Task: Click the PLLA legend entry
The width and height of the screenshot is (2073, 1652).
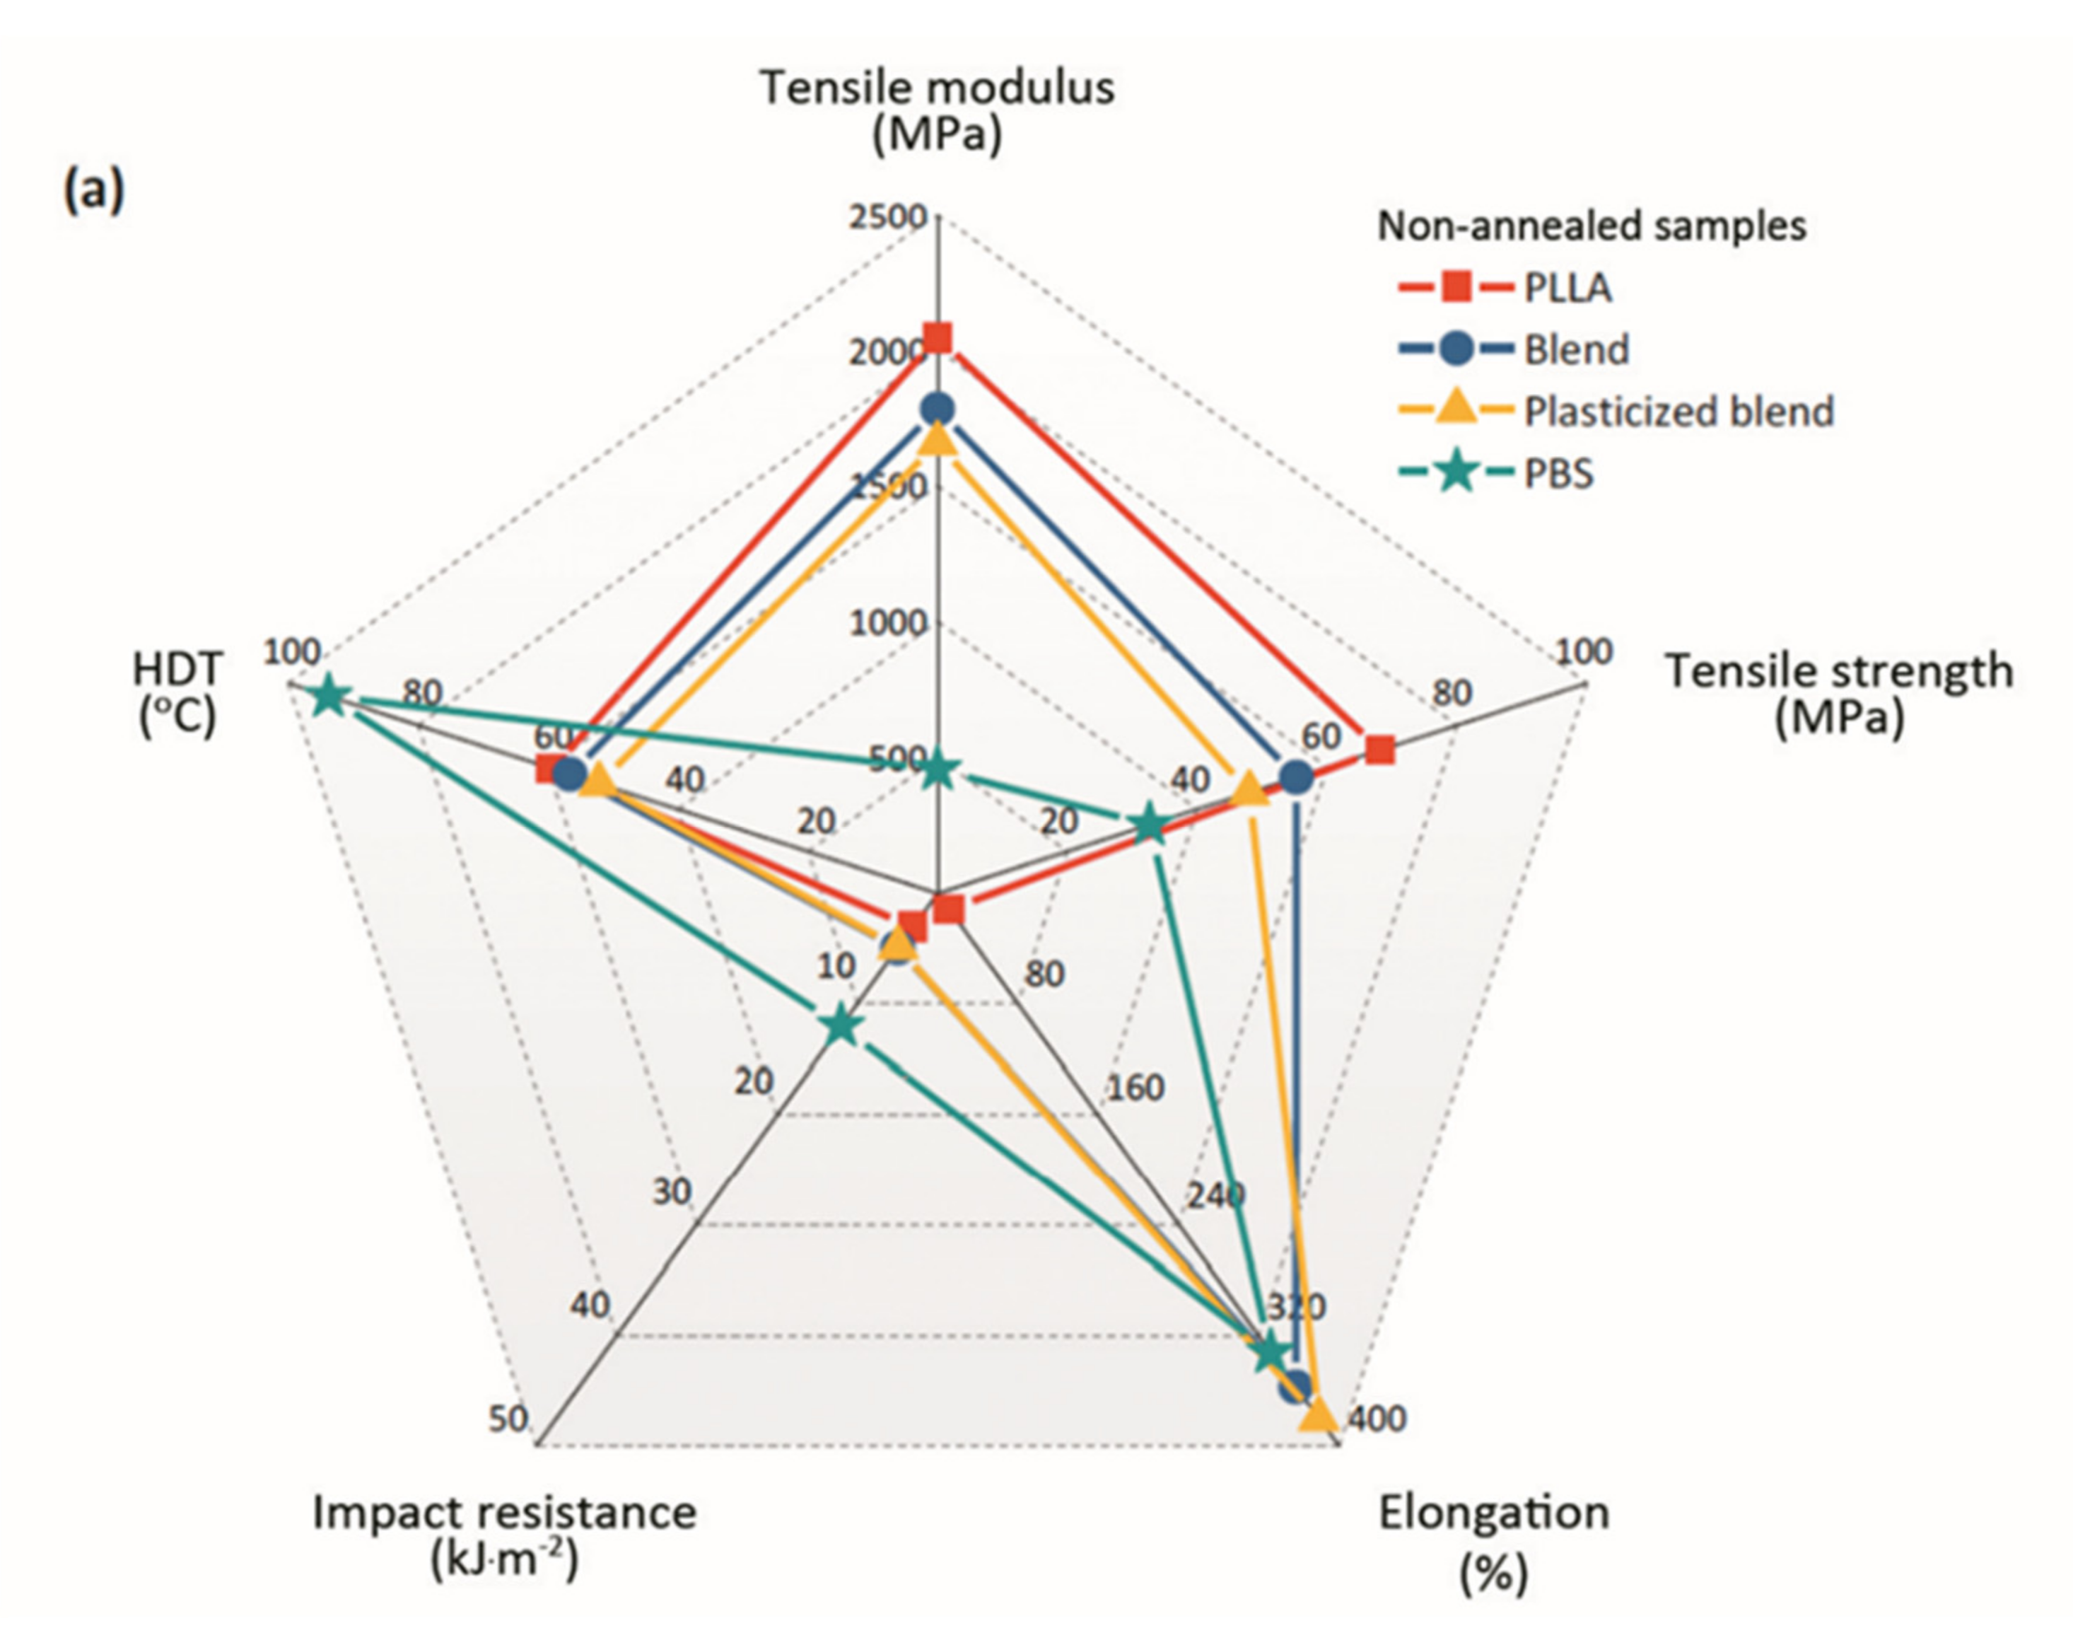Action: pos(1505,288)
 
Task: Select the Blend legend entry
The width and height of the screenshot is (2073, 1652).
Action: pos(1514,349)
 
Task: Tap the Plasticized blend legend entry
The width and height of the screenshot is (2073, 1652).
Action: pos(1616,411)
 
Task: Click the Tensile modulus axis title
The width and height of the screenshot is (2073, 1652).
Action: pos(938,110)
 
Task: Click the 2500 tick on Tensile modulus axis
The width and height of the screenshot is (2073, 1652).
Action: pos(887,217)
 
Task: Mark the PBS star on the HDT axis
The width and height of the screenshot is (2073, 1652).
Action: pos(329,696)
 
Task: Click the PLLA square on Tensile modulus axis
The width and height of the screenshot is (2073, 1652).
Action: pos(938,339)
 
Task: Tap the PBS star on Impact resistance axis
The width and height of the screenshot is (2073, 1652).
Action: pos(841,1026)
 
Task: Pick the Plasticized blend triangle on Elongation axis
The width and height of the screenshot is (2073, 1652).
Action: pos(1317,1416)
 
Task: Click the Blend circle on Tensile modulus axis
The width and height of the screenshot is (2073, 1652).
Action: pos(938,409)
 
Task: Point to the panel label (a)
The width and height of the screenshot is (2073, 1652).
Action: pos(93,190)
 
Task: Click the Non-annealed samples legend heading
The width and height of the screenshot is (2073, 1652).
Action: pos(1592,226)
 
